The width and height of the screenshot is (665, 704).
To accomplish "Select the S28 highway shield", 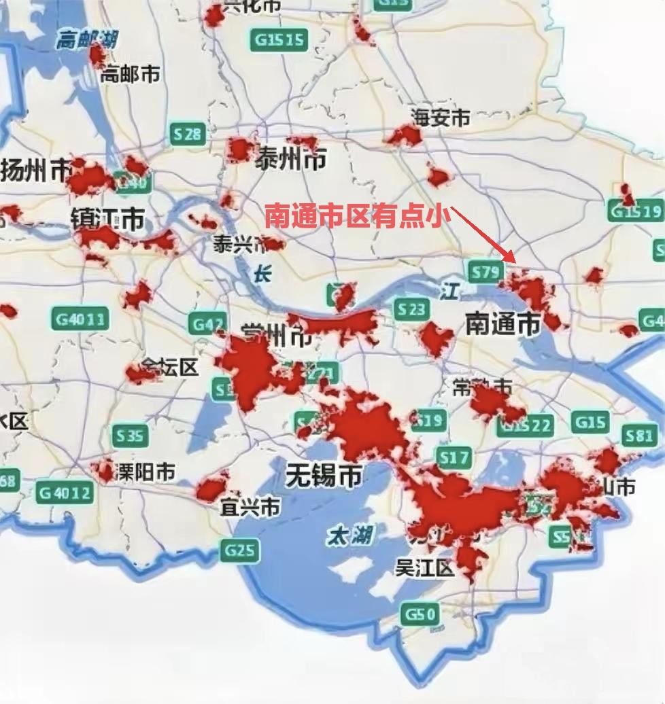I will point(187,135).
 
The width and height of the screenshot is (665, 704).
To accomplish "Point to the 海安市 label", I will point(440,118).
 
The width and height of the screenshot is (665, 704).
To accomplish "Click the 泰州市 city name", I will point(290,160).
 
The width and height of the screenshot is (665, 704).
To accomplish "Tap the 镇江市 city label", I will point(107,219).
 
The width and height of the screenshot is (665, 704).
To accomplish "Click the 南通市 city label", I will point(502,323).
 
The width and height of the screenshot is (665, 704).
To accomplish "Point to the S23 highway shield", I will point(411,310).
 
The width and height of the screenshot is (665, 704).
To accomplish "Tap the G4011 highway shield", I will point(80,317).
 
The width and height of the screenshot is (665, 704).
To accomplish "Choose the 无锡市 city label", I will point(323,474).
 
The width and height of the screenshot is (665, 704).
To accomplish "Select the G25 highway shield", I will point(239,549).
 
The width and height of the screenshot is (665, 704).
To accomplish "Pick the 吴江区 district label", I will point(424,567).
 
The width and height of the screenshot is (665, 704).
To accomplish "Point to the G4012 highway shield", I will point(65,491).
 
